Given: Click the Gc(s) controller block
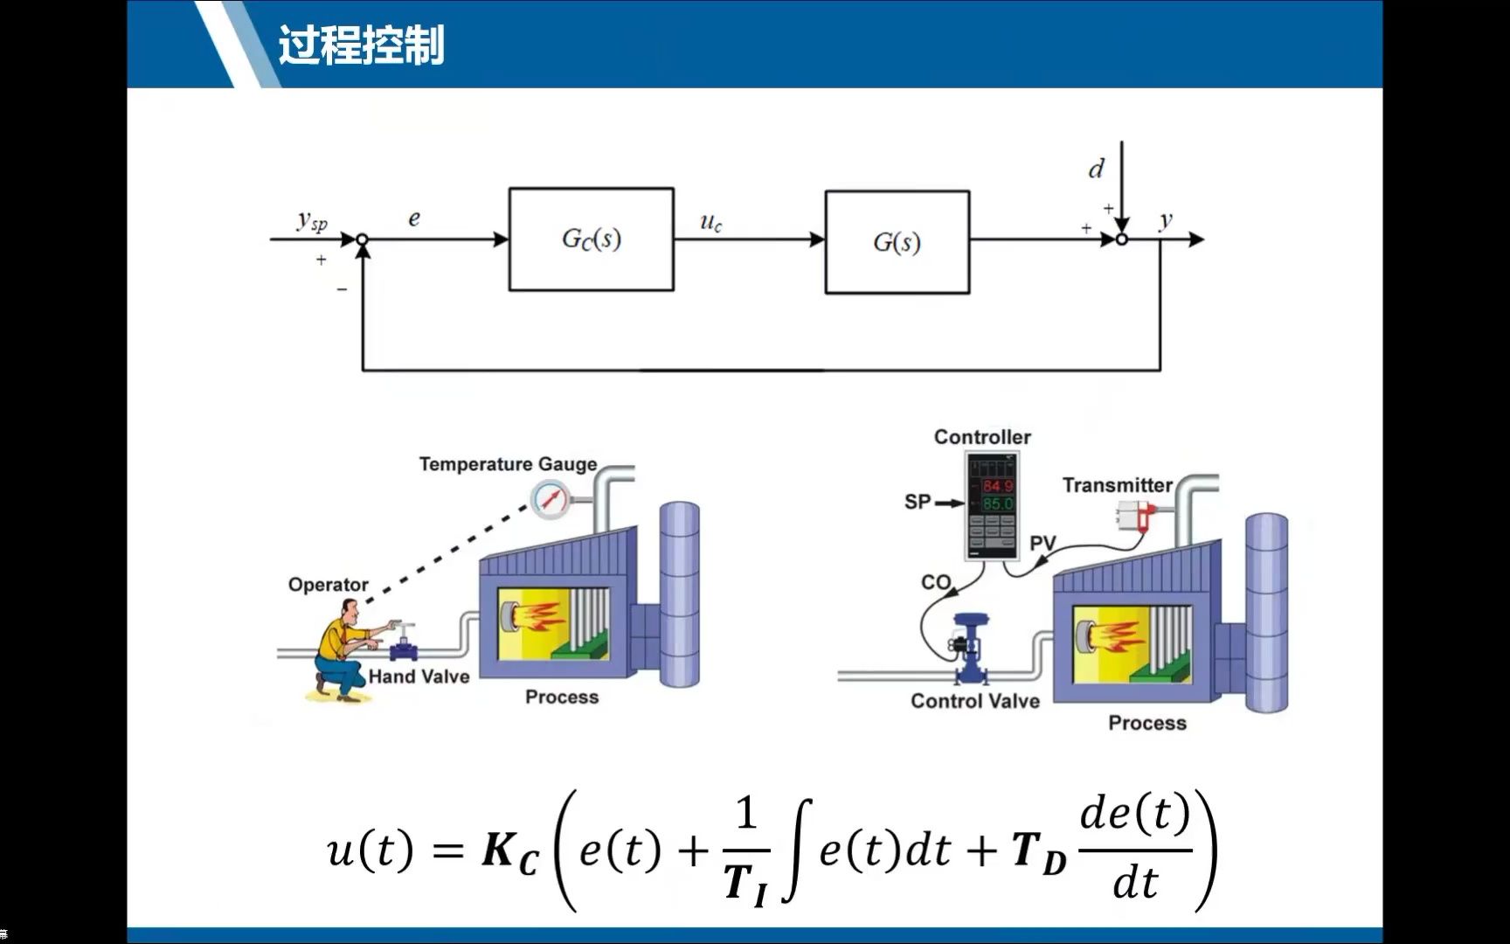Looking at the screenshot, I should click(591, 239).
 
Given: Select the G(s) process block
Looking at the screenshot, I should click(897, 242).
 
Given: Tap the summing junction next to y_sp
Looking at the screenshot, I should click(362, 239).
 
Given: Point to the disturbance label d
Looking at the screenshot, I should click(1096, 169).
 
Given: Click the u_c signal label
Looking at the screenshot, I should click(710, 222).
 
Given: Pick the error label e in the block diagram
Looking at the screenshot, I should click(414, 219).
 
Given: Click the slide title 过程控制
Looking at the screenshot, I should click(361, 45).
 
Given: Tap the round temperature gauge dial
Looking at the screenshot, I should click(550, 500).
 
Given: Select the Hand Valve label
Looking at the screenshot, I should click(419, 677).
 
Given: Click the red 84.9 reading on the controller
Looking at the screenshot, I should click(997, 486).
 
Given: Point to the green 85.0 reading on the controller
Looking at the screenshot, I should click(997, 504).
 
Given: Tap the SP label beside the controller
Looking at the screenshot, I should click(918, 502).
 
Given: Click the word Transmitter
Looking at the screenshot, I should click(1117, 485).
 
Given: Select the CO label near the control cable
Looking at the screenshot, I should click(936, 582).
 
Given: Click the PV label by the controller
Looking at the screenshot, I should click(1042, 544).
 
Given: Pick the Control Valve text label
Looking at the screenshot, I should click(975, 701).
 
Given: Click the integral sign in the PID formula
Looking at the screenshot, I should click(798, 849).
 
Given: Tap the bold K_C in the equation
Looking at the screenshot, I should click(510, 851).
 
